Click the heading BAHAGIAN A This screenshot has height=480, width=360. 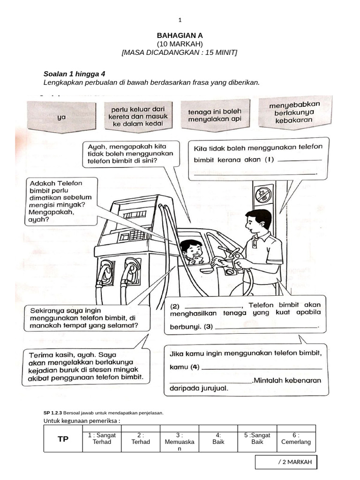point(180,35)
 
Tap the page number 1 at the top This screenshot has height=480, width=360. point(180,20)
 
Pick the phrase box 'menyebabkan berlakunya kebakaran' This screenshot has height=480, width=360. point(294,112)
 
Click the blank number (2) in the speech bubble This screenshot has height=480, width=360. point(174,305)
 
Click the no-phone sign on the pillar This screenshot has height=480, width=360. point(264,194)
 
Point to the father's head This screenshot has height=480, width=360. point(258,222)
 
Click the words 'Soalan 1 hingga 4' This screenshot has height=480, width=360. point(74,74)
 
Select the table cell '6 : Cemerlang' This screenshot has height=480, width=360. point(296,438)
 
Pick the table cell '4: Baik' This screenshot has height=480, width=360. point(218,438)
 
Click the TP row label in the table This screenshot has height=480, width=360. point(63,439)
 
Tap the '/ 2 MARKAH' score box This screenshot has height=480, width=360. point(286,462)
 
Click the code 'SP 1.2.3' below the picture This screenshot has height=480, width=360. point(52,413)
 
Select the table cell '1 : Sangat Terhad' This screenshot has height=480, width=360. point(102,438)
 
